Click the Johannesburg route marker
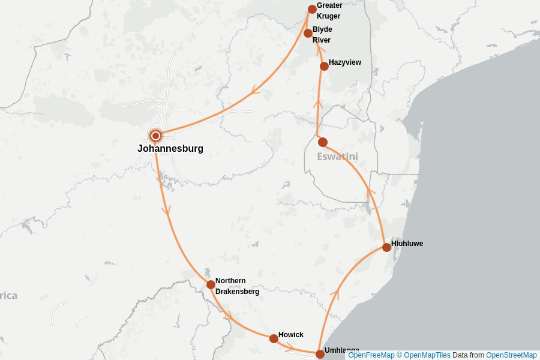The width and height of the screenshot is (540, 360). click(x=155, y=136)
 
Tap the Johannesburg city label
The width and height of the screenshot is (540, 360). click(x=170, y=149)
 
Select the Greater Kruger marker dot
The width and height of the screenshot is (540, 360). click(x=312, y=9)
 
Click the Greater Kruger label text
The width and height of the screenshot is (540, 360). click(x=329, y=11)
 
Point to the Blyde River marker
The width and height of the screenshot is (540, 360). click(x=308, y=33)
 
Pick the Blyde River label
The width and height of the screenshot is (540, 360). click(x=322, y=35)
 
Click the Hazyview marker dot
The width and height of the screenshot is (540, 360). click(x=324, y=66)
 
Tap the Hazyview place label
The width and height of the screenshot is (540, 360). click(x=345, y=62)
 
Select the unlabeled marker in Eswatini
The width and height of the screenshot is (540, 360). click(x=323, y=142)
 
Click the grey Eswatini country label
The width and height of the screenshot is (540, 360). click(x=337, y=157)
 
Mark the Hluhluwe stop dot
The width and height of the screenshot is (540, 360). click(x=386, y=247)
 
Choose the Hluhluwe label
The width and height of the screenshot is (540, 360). click(x=407, y=244)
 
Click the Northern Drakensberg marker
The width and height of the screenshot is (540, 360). click(x=211, y=284)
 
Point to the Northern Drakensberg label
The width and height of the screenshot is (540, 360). click(x=237, y=286)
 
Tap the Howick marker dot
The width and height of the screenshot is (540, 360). click(x=274, y=338)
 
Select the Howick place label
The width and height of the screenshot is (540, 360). click(x=291, y=335)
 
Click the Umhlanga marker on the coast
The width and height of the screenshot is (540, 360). click(x=320, y=354)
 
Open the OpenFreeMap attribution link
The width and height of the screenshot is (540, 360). click(x=371, y=355)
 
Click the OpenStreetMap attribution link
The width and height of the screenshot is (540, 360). click(x=511, y=355)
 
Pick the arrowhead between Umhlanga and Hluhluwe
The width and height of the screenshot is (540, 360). click(x=336, y=293)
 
